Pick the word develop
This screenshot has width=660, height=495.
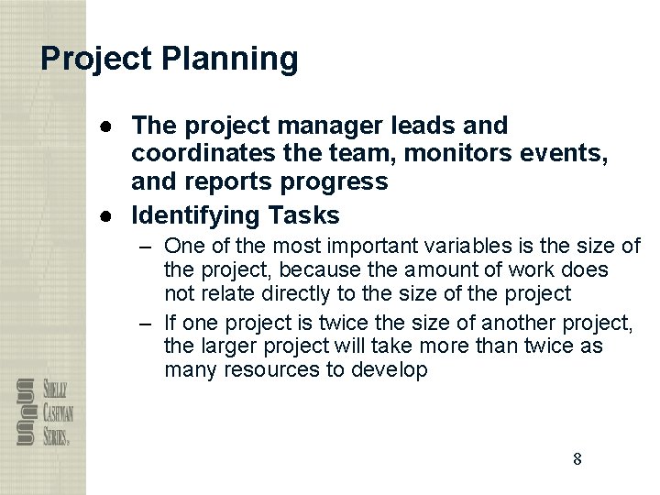tap(390, 370)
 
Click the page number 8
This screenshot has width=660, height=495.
tap(577, 459)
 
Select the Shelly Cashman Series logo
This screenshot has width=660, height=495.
tap(44, 412)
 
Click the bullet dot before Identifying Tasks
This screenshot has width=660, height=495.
tap(108, 216)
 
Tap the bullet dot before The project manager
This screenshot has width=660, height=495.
tap(108, 125)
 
